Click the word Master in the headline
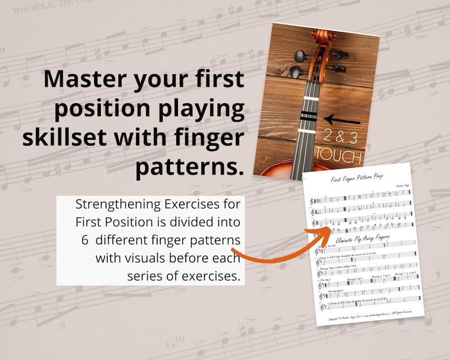point(83,80)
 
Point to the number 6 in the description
point(84,240)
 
